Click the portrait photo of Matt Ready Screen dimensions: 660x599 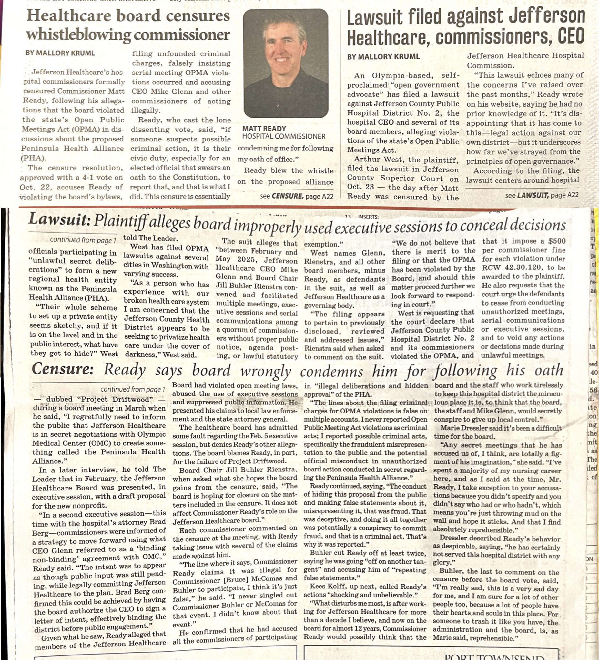286,63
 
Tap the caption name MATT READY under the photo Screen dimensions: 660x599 264,129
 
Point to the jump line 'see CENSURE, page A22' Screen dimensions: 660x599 296,196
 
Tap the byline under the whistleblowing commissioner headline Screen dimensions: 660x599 60,53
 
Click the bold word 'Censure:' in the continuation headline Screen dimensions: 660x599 63,369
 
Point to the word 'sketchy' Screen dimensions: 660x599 71,326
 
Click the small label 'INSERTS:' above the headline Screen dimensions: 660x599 368,217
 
